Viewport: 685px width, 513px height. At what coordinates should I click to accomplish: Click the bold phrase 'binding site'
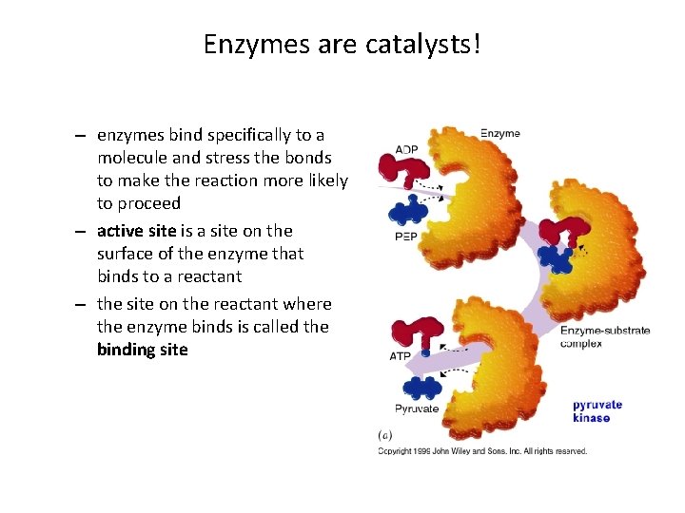[x=143, y=350]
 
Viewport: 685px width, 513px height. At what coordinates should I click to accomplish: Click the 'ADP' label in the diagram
[x=407, y=148]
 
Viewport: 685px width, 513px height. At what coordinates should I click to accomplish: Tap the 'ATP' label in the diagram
[x=401, y=357]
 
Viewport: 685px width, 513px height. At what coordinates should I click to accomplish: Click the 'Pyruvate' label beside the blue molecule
[x=417, y=409]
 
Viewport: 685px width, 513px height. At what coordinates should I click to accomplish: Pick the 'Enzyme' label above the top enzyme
[x=499, y=133]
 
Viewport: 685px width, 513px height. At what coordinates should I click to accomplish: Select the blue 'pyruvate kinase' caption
[x=597, y=410]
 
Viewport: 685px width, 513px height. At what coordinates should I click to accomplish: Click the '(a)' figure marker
[x=386, y=435]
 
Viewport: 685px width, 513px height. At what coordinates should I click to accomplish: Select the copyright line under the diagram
[x=482, y=450]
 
